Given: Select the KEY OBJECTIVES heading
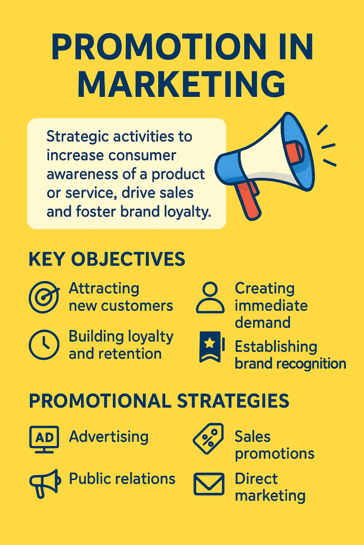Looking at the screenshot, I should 107,259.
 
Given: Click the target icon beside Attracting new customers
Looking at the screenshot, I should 44,297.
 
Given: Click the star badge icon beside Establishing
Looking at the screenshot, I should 210,346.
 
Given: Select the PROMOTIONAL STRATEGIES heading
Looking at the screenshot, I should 159,401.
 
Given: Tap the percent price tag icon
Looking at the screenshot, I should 208,438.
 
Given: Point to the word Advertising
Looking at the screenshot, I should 109,437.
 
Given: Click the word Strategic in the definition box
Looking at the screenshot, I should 76,137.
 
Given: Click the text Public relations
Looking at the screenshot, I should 122,478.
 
